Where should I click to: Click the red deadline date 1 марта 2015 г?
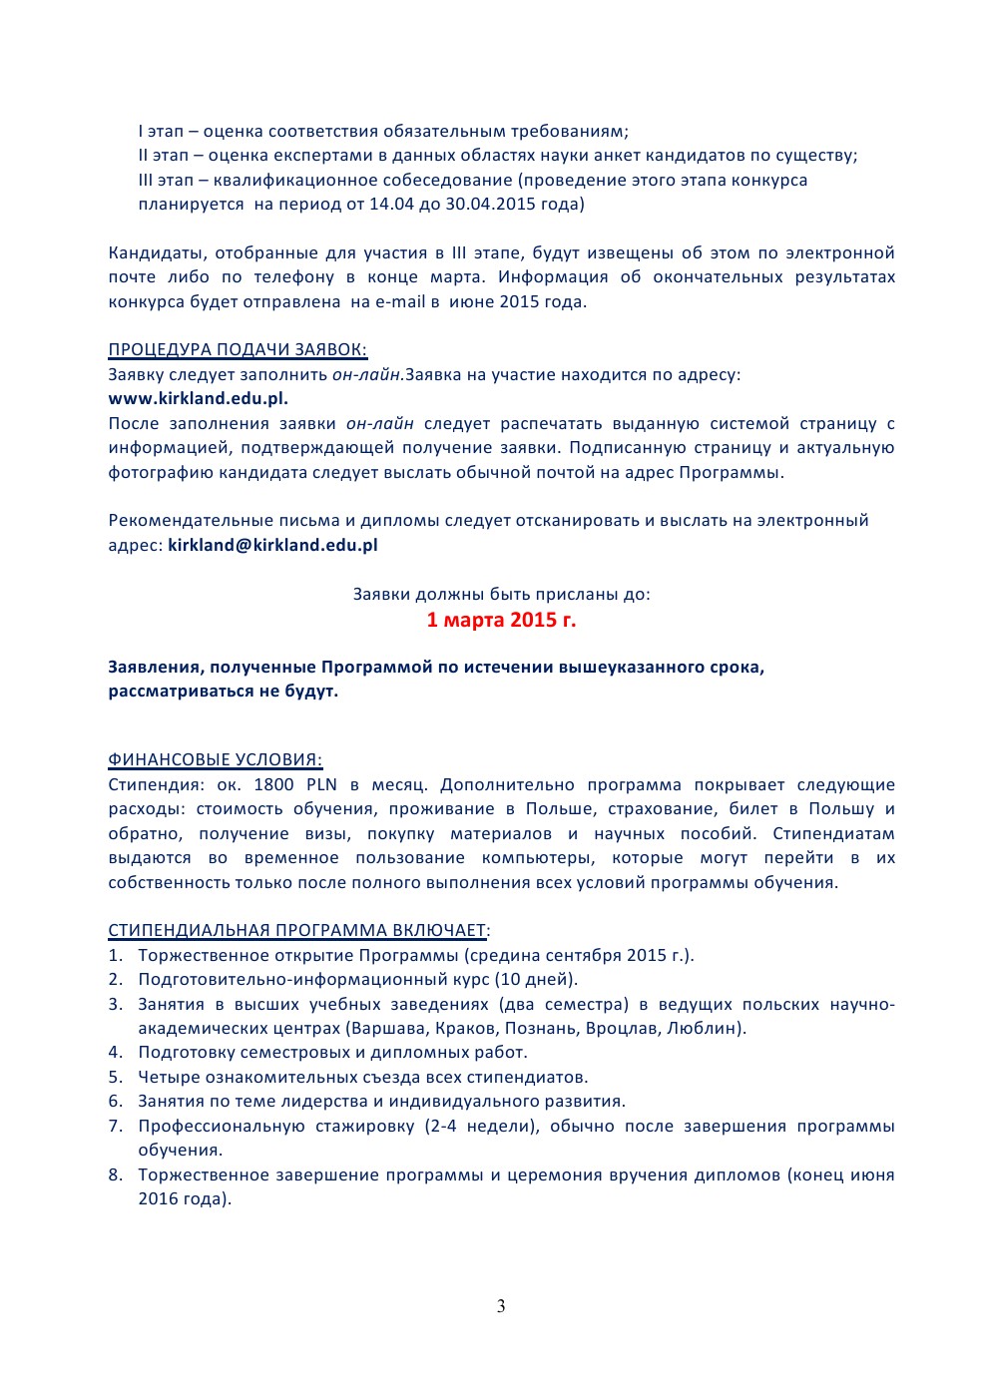click(501, 620)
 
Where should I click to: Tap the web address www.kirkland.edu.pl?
click(198, 398)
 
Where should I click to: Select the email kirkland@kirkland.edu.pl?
click(272, 545)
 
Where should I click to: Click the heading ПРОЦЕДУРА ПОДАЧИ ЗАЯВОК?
click(238, 349)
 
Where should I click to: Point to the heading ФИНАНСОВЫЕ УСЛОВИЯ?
click(215, 759)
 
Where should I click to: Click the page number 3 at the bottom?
click(501, 1306)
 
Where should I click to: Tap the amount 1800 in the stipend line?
click(273, 784)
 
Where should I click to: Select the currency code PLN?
click(321, 784)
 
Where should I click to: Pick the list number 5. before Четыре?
click(116, 1077)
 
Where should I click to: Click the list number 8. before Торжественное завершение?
click(116, 1174)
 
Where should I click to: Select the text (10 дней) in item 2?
click(536, 979)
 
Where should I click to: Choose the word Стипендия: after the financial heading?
click(155, 784)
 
